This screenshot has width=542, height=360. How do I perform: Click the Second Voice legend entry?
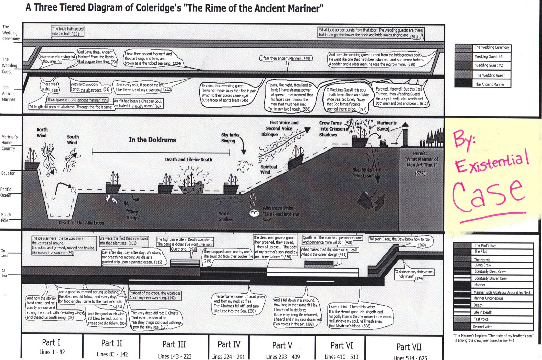pyautogui.click(x=482, y=327)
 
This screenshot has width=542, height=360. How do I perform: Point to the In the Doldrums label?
pyautogui.click(x=152, y=140)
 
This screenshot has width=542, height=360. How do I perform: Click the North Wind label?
pyautogui.click(x=42, y=133)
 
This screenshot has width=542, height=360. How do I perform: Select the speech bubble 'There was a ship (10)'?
pyautogui.click(x=50, y=87)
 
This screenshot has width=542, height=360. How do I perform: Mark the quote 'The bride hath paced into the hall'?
pyautogui.click(x=68, y=31)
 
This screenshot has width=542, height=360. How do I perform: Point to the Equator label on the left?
pyautogui.click(x=8, y=173)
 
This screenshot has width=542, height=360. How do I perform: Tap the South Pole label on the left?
pyautogui.click(x=6, y=217)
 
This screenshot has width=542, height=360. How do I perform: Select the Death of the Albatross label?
pyautogui.click(x=81, y=223)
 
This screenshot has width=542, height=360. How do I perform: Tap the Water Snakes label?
pyautogui.click(x=226, y=216)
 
